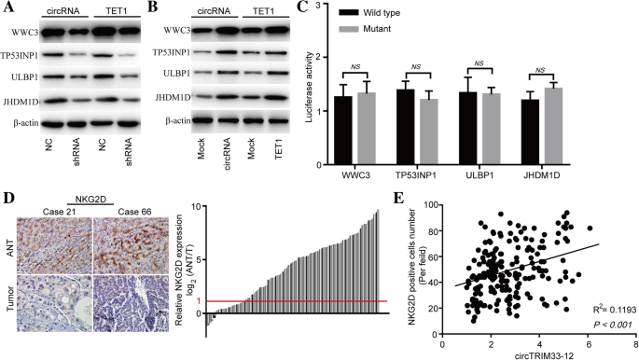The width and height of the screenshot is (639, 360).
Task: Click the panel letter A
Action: (6, 7)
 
